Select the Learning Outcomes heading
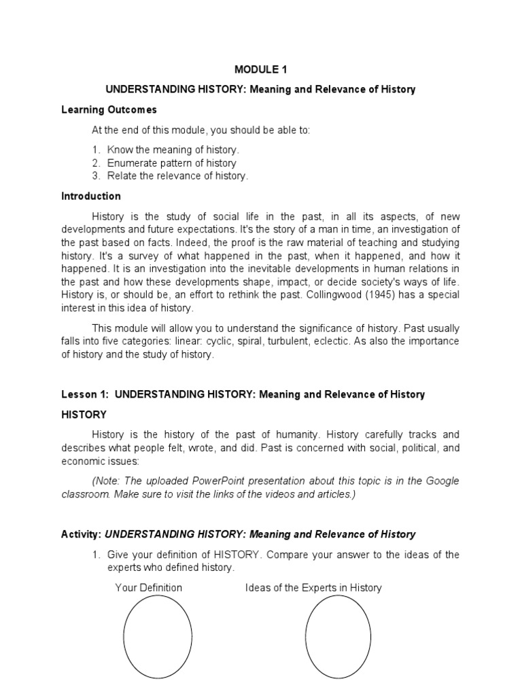(109, 109)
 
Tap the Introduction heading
(91, 196)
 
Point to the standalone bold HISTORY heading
(84, 414)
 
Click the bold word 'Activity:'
(82, 534)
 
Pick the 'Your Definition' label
(149, 587)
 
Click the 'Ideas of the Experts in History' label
(313, 587)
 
